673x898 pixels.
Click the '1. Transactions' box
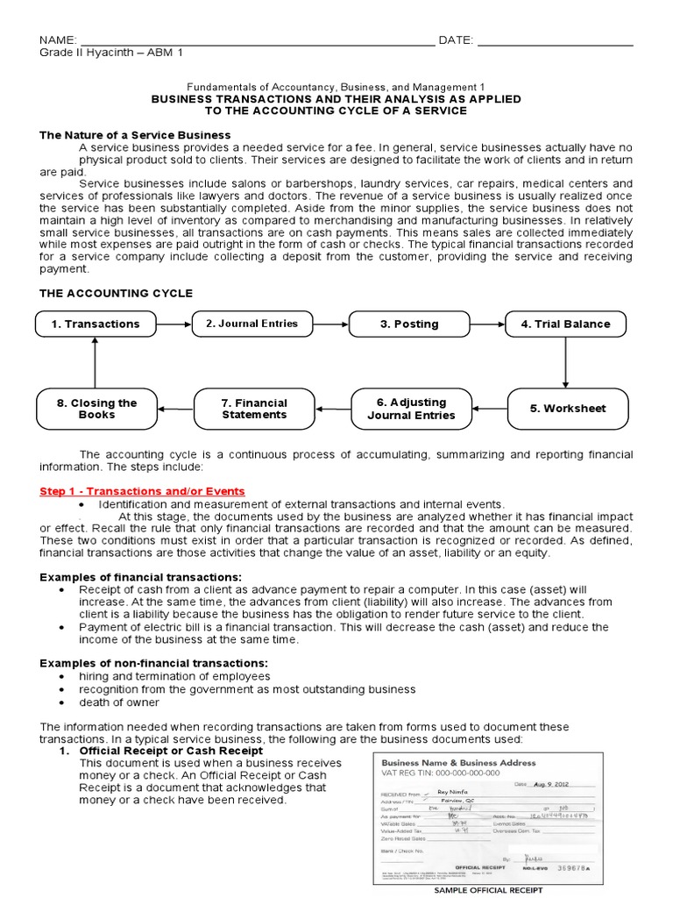point(95,324)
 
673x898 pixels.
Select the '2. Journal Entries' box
point(251,324)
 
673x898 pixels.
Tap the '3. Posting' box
point(409,324)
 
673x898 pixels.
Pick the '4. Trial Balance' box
point(565,324)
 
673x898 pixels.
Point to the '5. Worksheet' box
point(567,408)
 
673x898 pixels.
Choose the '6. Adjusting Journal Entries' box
point(411,409)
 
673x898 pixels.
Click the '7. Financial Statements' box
point(254,409)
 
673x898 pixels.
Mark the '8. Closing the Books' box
point(96,409)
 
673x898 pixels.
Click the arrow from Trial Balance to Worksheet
point(566,363)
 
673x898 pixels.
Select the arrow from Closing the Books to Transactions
point(94,363)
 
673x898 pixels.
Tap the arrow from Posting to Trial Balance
point(487,324)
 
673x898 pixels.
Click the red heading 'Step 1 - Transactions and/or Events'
point(142,491)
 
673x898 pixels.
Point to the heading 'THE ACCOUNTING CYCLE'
point(116,293)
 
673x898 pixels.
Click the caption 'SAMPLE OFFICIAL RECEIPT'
point(489,890)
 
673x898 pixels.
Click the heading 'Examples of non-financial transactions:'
point(153,662)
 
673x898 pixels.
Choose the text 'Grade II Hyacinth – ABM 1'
point(111,53)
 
